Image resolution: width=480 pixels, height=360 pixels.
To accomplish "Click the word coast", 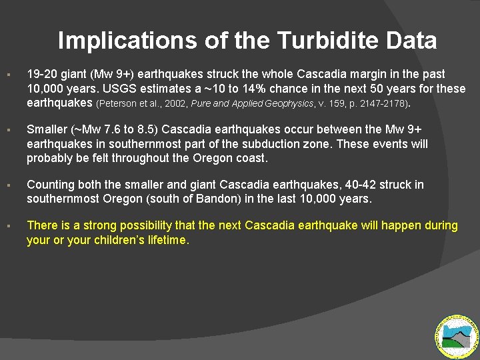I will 252,159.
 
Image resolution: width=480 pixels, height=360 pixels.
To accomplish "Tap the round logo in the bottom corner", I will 457,336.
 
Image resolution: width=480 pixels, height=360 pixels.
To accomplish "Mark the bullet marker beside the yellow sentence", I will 7,227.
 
